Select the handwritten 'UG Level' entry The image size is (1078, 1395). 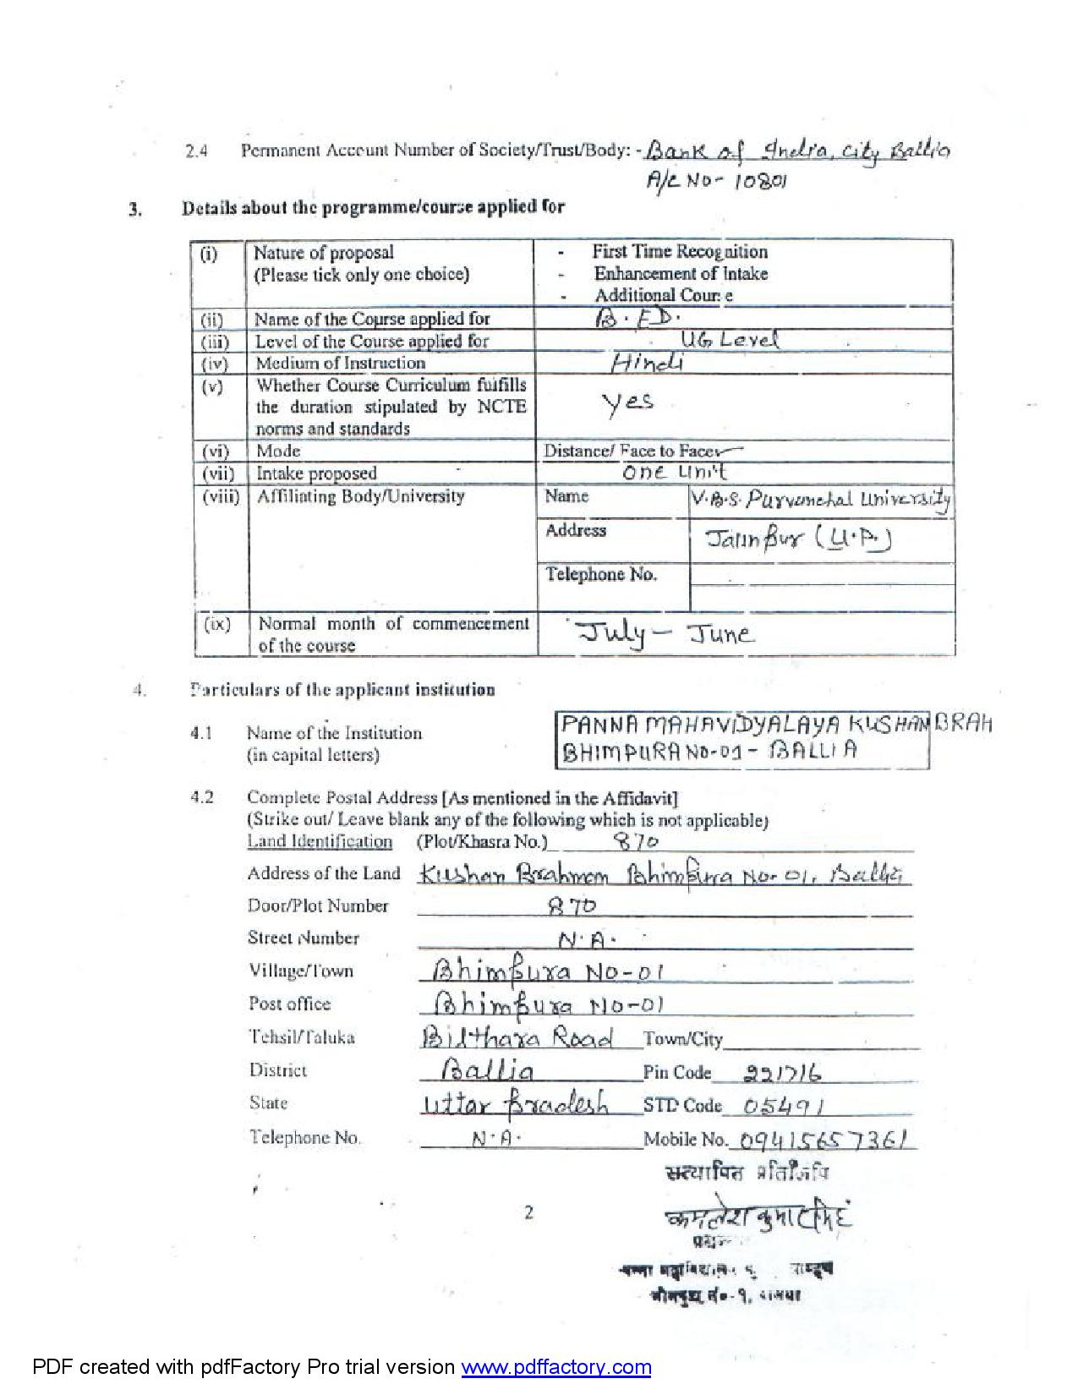coord(728,340)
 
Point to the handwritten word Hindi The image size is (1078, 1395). coord(647,363)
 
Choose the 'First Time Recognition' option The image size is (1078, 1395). coord(680,252)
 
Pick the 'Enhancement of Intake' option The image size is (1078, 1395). coord(681,274)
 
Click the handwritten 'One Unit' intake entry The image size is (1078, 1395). coord(674,473)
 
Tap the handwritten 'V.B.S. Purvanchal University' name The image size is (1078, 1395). coord(820,501)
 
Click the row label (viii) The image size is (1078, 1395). coord(220,497)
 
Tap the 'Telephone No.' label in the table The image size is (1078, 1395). coord(600,575)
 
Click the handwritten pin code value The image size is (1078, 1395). coord(782,1073)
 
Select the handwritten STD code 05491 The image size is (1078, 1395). coord(785,1106)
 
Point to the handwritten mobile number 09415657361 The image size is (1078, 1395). coord(825,1140)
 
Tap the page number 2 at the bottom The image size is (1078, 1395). coord(529,1212)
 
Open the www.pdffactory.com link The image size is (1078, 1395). coord(555,1367)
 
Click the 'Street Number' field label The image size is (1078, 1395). coord(303,938)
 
